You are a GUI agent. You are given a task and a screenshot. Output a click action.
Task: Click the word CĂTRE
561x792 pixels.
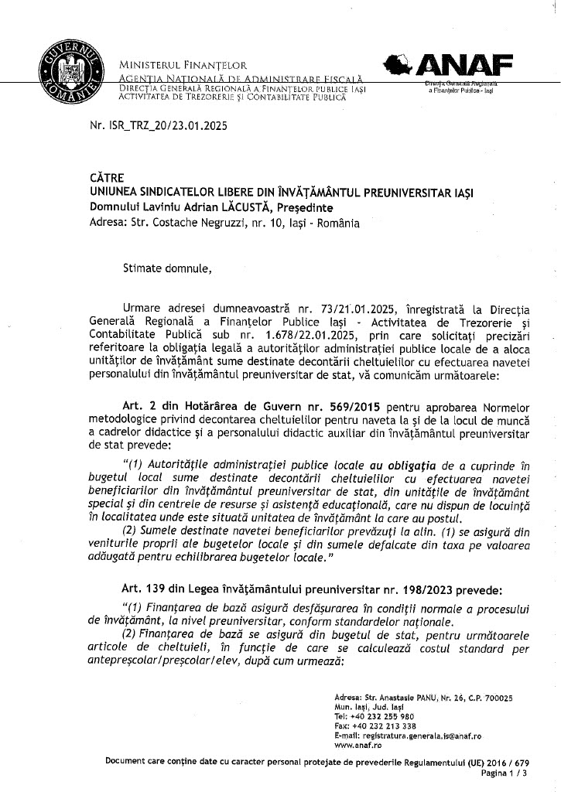107,178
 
